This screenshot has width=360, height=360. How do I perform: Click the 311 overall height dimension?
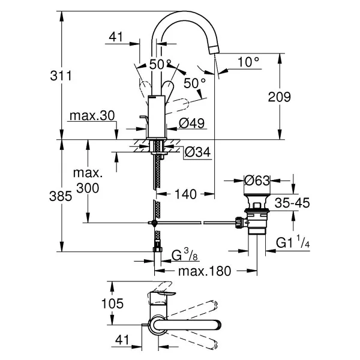coord(61,76)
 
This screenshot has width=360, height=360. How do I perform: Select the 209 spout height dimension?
coord(279,97)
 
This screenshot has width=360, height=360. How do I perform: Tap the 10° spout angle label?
coord(248,62)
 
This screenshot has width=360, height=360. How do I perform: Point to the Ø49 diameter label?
coord(191,123)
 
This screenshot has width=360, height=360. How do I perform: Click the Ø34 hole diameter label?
coord(197,152)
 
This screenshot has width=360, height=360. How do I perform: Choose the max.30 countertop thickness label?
coord(92,116)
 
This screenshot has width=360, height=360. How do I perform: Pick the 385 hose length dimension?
coord(61,196)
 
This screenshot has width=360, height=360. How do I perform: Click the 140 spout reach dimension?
coord(185,194)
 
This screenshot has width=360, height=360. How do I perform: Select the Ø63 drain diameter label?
coord(257,181)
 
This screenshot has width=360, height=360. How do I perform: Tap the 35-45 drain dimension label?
coord(292,203)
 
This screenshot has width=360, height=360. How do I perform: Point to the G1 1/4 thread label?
coord(293,242)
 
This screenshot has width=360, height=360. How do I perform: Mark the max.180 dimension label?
coord(205,271)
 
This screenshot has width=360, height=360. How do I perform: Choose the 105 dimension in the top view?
coord(112,303)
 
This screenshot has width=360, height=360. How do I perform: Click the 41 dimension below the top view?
coord(122,340)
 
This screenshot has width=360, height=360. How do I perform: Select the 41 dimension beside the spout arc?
coord(116,37)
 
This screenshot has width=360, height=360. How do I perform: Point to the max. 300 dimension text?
coord(88,181)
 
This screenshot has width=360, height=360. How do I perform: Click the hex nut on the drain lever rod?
coord(239,223)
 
